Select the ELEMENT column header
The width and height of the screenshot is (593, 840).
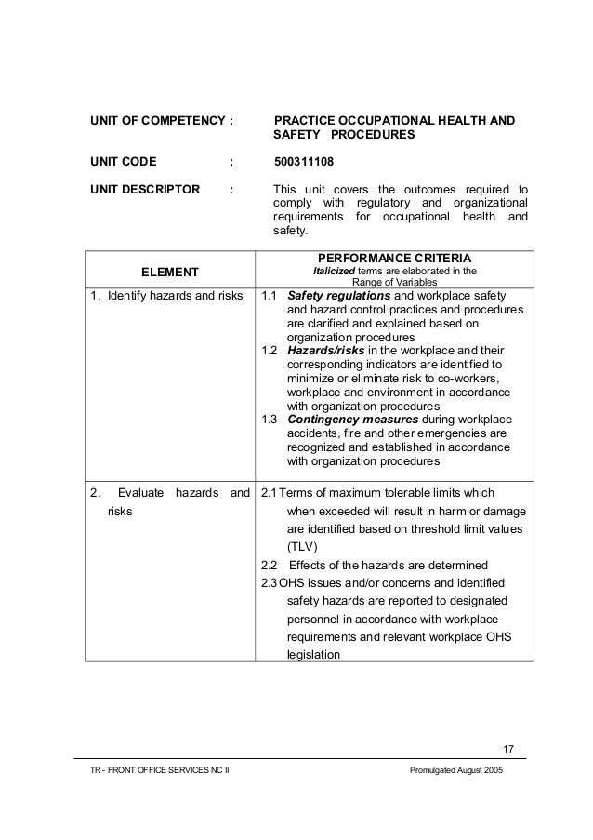click(x=170, y=272)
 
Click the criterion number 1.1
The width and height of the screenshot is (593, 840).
click(x=269, y=297)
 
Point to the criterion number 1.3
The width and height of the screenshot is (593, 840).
click(x=269, y=420)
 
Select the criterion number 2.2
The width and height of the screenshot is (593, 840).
click(x=268, y=566)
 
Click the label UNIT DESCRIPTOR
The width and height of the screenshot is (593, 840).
click(x=144, y=189)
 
